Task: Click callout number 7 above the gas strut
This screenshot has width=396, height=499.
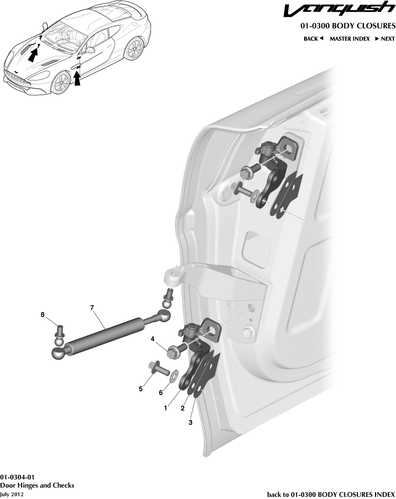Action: click(x=92, y=307)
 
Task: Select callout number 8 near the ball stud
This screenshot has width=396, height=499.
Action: click(x=42, y=315)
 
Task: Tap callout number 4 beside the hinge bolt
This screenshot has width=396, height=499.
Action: click(x=153, y=339)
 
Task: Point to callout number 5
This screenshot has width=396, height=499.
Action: click(x=141, y=389)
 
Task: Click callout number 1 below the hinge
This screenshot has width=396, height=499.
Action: click(x=165, y=408)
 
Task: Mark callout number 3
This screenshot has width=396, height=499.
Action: click(x=190, y=423)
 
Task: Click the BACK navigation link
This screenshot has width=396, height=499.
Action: click(x=313, y=39)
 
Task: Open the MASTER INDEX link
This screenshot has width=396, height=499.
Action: click(x=349, y=39)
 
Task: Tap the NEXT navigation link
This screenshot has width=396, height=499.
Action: click(x=385, y=39)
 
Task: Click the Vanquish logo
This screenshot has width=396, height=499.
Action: click(x=339, y=11)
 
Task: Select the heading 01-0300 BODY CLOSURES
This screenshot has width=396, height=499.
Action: click(x=348, y=26)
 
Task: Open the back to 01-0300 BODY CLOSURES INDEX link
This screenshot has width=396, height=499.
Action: click(x=331, y=494)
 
